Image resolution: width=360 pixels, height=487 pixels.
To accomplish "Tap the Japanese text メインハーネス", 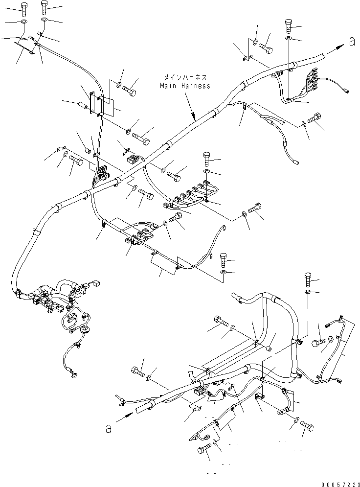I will click(x=184, y=77).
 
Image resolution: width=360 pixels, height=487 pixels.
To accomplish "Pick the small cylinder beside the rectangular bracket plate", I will click(x=82, y=104).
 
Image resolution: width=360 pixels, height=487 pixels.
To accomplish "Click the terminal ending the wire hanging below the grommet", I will click(x=73, y=376).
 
